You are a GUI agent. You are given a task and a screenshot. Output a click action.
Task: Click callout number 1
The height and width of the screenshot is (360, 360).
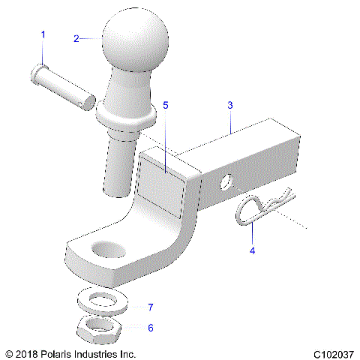[x=43, y=34]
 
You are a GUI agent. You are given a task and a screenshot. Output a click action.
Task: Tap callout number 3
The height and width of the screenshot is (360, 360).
[x=231, y=106]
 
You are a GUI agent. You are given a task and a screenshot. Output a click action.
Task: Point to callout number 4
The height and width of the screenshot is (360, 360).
[x=252, y=250]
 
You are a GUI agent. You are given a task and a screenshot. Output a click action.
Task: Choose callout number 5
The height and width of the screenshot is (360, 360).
[x=166, y=106]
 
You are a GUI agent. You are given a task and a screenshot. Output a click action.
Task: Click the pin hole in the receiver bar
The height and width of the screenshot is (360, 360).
[x=226, y=181]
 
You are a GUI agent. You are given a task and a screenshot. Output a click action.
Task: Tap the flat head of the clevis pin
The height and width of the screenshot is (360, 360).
[x=37, y=73]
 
